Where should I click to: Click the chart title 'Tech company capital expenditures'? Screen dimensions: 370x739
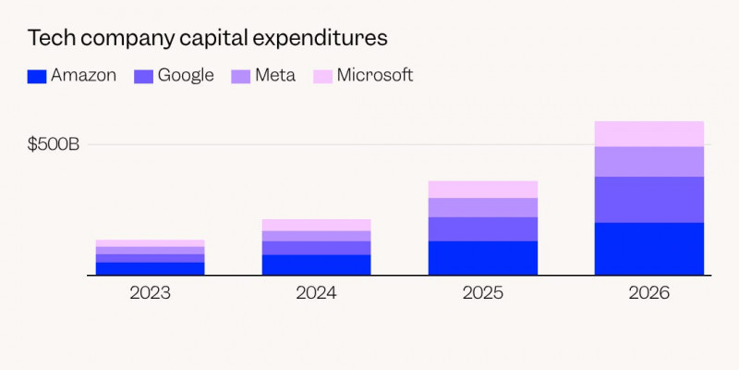[x=207, y=38]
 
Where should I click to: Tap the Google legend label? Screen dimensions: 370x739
[x=186, y=76]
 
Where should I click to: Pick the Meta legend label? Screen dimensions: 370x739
[x=275, y=76]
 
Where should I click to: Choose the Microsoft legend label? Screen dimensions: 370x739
[x=374, y=76]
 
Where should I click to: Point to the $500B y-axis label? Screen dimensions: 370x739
[x=54, y=144]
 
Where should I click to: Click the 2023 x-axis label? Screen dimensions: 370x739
[x=150, y=293]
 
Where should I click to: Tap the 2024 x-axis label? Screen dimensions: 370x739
[x=316, y=293]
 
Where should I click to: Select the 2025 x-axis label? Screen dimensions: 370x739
[x=482, y=293]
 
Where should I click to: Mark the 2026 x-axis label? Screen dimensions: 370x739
[x=648, y=293]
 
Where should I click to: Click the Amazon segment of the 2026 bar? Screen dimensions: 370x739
[x=648, y=249]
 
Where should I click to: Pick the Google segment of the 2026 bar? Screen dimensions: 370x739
[x=648, y=200]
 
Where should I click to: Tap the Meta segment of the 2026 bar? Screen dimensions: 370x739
[x=648, y=161]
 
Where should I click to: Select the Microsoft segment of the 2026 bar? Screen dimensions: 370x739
[x=648, y=134]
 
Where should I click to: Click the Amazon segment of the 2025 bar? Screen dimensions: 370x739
[x=482, y=258]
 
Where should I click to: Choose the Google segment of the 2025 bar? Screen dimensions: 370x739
[x=482, y=229]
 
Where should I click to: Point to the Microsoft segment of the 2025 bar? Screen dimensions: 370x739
[x=482, y=190]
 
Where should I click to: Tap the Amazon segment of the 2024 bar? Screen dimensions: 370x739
[x=316, y=265]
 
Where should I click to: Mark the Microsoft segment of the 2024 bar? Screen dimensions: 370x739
[x=316, y=225]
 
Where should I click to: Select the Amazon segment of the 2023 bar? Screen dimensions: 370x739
[x=150, y=269]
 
